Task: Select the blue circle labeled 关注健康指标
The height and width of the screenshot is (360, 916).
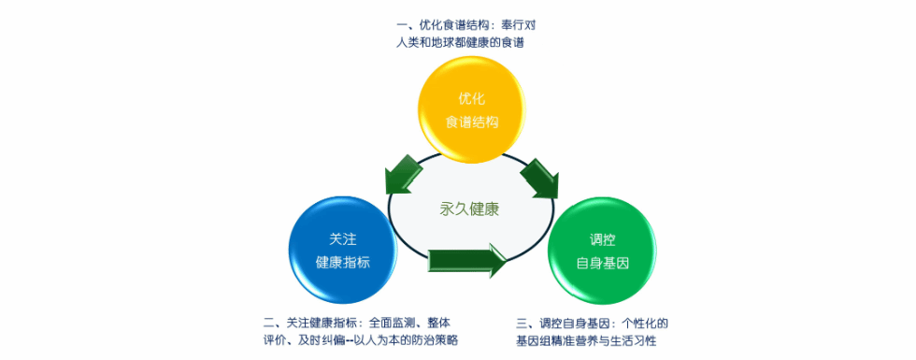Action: tap(343, 250)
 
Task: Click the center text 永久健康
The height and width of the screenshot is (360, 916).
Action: tap(469, 209)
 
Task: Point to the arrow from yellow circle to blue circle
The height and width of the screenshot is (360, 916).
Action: tap(405, 173)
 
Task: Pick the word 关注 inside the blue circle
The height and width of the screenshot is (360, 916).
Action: tap(343, 239)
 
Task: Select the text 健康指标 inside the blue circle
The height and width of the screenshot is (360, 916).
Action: tap(343, 263)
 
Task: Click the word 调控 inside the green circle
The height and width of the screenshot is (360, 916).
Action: tap(601, 239)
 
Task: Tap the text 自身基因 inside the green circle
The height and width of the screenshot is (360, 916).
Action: tap(601, 263)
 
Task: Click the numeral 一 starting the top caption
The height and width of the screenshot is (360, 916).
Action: tap(401, 26)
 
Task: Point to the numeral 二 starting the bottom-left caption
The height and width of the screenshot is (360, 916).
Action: tap(269, 322)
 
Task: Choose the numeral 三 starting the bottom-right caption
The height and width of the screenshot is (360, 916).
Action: tap(522, 322)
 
